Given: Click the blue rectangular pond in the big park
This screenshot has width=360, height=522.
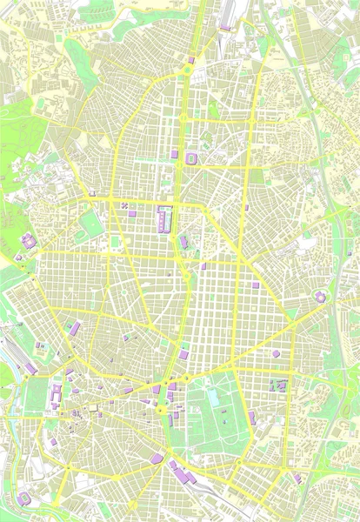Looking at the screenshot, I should [x=212, y=398].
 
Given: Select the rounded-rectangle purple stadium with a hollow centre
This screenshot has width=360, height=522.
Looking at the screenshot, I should [x=191, y=157].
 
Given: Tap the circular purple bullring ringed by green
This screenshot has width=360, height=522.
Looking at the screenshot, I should [x=320, y=298].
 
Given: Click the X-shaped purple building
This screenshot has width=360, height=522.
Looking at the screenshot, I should [x=124, y=206].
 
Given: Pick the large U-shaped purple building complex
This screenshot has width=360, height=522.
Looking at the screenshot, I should [x=163, y=218].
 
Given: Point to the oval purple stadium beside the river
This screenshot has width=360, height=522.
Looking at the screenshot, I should [x=23, y=499].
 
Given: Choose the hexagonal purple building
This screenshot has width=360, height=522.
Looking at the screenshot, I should [x=276, y=354].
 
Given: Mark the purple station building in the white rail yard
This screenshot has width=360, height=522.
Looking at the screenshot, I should [x=224, y=27].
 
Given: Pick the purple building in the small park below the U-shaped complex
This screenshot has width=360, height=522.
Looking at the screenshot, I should [x=183, y=241].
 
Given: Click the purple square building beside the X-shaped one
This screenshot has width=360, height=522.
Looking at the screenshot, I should [x=132, y=212].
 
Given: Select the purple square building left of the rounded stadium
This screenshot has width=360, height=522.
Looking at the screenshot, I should [x=174, y=153].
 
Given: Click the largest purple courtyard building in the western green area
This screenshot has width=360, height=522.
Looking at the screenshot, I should [x=29, y=241].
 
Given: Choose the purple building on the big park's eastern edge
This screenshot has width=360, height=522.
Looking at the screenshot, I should [x=252, y=418].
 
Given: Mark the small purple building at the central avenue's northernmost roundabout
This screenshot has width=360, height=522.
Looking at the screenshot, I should [x=190, y=60].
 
